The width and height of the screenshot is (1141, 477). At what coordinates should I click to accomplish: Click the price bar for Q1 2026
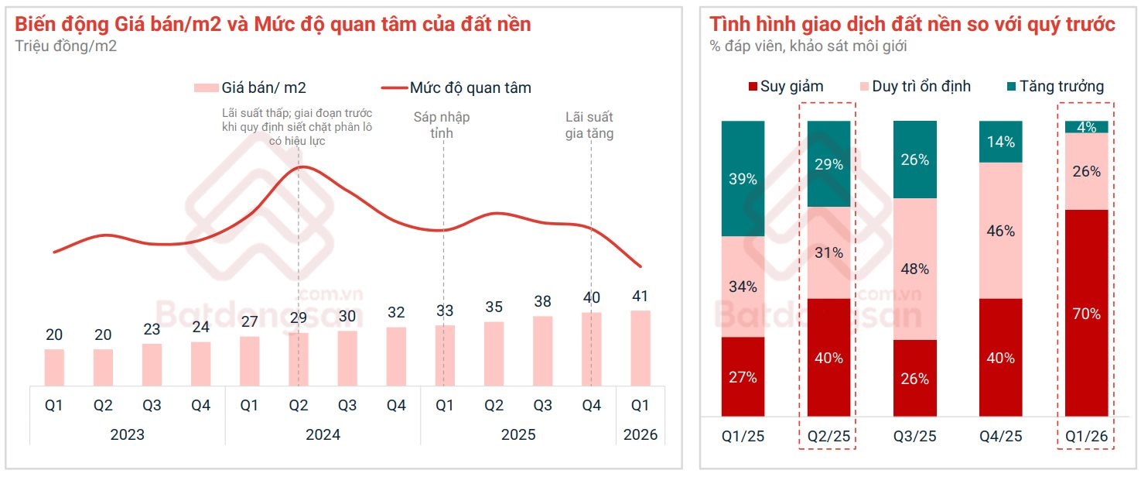[640, 348]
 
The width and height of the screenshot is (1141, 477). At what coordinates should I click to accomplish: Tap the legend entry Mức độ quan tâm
[456, 88]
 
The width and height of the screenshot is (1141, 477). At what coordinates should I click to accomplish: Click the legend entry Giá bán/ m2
[255, 88]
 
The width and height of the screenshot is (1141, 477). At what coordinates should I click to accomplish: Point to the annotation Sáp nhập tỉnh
[442, 125]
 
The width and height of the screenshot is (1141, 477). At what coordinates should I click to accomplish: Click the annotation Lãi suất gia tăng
[589, 125]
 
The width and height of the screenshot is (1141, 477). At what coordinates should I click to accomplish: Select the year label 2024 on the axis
[323, 434]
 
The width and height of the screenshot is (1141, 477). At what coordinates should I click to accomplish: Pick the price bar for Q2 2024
[299, 359]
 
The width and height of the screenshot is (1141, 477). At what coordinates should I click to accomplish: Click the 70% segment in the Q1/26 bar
[1086, 314]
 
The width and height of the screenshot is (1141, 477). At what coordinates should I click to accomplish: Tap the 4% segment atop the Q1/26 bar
[1086, 127]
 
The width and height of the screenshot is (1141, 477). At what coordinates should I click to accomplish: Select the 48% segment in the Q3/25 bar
[914, 269]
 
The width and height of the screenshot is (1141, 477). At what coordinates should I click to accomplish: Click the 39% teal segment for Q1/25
[743, 179]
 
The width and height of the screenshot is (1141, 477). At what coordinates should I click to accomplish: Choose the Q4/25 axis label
[1000, 437]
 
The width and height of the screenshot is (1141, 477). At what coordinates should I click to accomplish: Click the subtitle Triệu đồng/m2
[66, 46]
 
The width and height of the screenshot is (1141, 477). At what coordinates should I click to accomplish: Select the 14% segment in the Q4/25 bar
[1000, 142]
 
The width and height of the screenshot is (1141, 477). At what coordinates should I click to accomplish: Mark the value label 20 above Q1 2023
[54, 335]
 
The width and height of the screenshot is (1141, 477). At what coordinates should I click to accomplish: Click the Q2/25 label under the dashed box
[828, 437]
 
